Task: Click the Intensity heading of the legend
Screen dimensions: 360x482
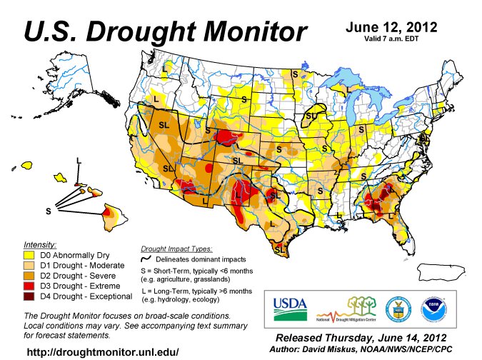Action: (40, 244)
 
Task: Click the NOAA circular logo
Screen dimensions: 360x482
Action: (428, 307)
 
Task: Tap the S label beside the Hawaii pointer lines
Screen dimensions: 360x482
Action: (49, 210)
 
